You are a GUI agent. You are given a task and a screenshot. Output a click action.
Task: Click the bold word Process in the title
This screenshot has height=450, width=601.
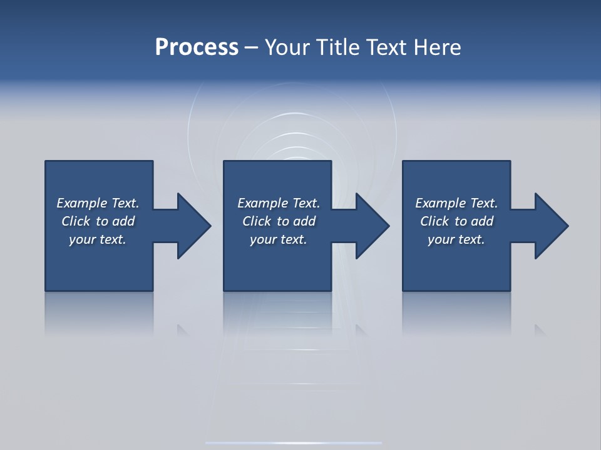coord(197,47)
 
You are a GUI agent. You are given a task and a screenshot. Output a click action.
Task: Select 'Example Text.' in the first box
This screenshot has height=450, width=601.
coord(98,203)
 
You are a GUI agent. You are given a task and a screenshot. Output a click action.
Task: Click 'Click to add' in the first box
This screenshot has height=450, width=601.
coord(98,221)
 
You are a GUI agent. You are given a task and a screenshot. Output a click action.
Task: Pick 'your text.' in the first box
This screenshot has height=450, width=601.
coord(98,239)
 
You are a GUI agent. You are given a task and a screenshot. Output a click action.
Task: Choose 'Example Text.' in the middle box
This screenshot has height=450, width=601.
coord(279,203)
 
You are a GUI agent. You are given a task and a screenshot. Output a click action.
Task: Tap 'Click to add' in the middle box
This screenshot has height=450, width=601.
coord(279,221)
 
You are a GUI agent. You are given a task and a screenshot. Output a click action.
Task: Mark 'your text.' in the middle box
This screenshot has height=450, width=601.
coord(279,239)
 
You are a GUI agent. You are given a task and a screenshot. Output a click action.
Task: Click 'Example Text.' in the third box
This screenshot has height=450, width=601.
coord(456,203)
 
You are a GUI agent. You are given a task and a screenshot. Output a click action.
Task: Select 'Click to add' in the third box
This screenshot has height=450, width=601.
coord(456,221)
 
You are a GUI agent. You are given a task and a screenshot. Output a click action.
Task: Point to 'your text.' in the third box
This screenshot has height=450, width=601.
coord(456,239)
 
